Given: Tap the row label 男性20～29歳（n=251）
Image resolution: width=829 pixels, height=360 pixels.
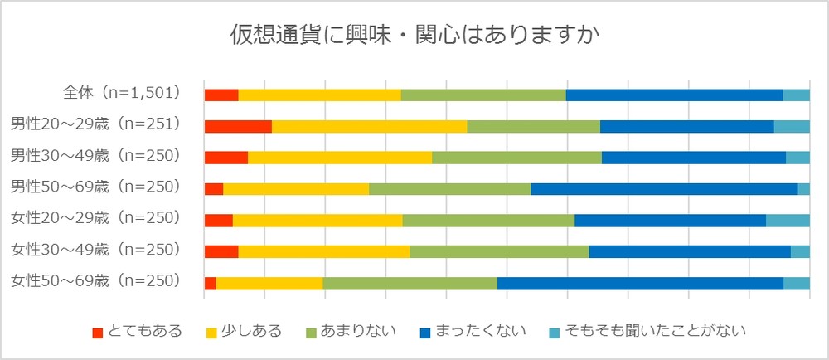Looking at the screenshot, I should coord(95,124).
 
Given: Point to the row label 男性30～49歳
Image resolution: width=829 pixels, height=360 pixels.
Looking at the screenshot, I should coord(95,156).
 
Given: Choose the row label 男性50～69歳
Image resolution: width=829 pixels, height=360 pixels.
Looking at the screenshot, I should coord(95,187).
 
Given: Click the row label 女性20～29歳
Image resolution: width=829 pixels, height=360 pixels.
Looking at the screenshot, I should coord(95,219).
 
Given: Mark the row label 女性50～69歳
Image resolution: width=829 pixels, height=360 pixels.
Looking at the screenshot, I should coord(95,281).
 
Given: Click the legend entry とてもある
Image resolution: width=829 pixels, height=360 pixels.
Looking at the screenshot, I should coord(137,332).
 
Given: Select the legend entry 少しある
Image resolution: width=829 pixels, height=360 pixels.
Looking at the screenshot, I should coord(244,332).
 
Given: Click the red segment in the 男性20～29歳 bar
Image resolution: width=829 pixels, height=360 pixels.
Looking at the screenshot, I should coord(238,126).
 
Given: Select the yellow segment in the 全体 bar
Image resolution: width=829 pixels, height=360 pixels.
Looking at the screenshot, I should coord(319,95).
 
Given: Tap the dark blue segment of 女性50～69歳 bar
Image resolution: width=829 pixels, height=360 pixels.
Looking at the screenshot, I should coord(640,283).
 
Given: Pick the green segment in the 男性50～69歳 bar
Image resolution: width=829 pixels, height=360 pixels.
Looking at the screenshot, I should coord(449,189).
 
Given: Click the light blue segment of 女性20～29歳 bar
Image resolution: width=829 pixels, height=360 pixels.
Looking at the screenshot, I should coord(788,220).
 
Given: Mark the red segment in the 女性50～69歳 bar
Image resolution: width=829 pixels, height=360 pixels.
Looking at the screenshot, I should coord(211,283).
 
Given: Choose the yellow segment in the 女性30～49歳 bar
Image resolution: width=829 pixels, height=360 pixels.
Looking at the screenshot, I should coord(324,251).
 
